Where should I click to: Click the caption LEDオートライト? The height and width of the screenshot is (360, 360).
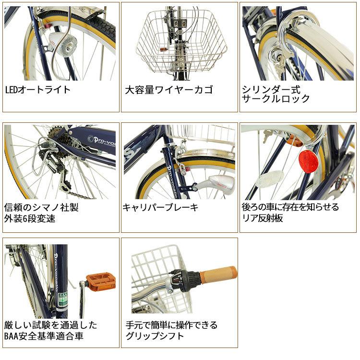tap(38, 90)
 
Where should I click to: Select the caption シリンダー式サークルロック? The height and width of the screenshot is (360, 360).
tap(276, 94)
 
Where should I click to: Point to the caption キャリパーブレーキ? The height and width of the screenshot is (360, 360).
tap(160, 208)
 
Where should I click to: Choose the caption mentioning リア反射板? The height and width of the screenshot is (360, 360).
tap(291, 212)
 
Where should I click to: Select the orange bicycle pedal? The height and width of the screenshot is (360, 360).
tap(101, 282)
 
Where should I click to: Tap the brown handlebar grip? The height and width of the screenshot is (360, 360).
tap(218, 275)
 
